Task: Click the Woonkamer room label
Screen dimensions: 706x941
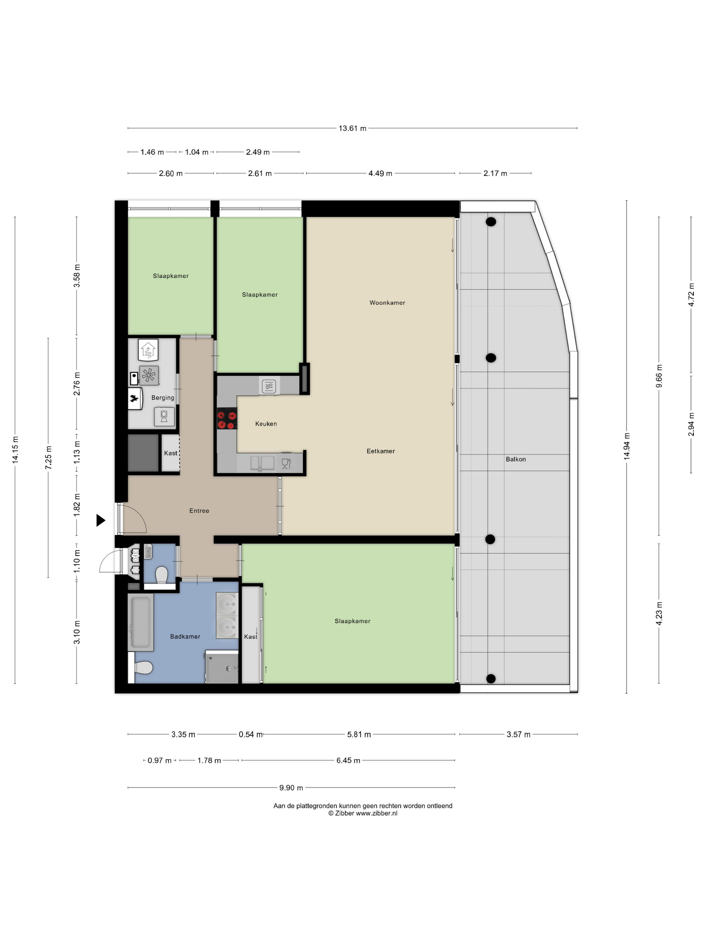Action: pos(387,303)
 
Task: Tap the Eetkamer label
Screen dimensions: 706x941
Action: pos(381,451)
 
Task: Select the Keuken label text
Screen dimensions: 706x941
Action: pos(266,424)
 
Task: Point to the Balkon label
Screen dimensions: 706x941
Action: pos(516,459)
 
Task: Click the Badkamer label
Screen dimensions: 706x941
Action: pos(185,637)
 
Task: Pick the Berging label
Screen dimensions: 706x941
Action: pos(163,398)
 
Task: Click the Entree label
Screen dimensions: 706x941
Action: pos(199,510)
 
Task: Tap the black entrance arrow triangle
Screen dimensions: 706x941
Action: pos(101,520)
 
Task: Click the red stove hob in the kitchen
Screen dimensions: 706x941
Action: pos(227,418)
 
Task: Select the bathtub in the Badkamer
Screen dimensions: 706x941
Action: pos(141,622)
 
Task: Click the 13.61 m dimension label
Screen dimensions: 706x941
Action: pos(352,128)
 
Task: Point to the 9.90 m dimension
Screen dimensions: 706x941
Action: pos(291,788)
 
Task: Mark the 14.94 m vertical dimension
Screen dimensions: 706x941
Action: pos(626,446)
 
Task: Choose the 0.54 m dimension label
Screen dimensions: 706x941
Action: pos(251,734)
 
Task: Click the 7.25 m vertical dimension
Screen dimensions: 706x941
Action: pos(48,458)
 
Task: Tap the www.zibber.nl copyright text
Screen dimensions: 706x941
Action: pos(362,813)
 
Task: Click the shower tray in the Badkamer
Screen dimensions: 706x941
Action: pos(222,667)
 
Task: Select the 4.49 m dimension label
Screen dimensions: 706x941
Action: pos(381,173)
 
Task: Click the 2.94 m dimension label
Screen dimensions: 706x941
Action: pos(691,424)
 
